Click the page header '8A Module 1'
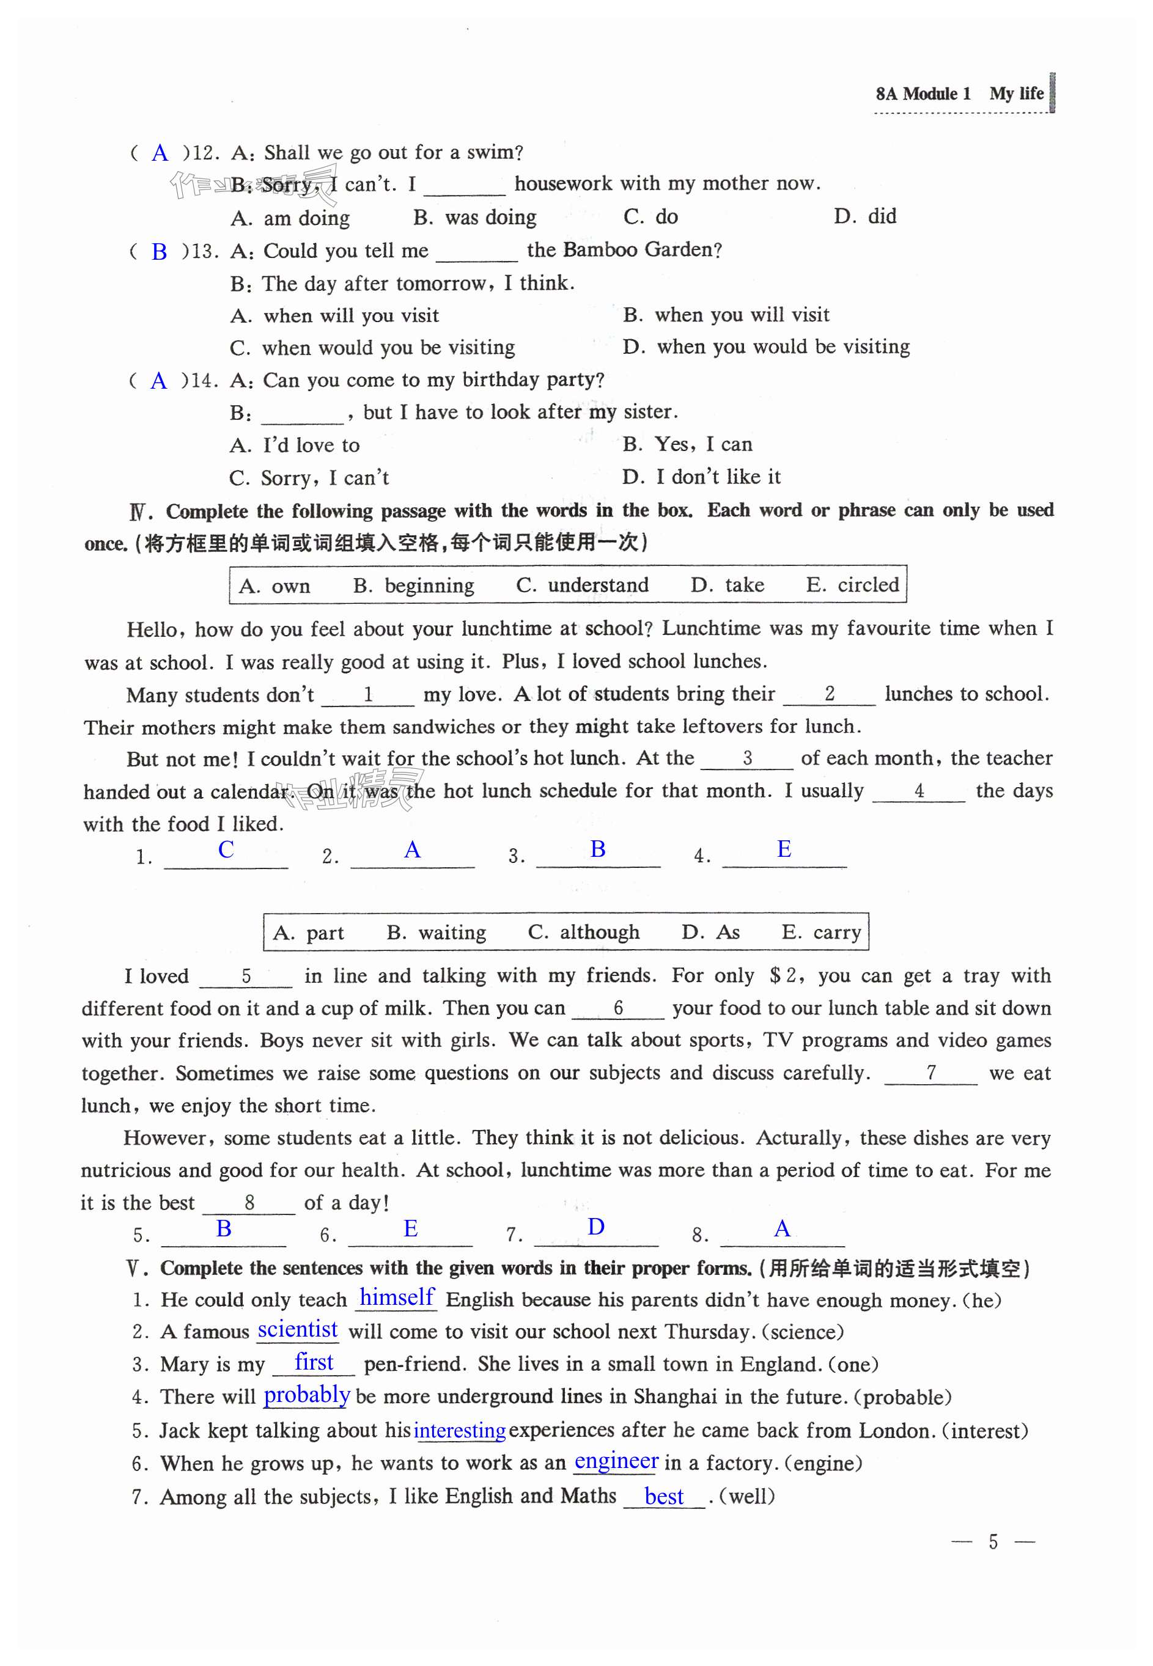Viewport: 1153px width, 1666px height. pos(923,94)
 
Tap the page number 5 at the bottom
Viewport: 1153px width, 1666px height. pos(993,1542)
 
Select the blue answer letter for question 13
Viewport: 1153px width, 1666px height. pos(159,252)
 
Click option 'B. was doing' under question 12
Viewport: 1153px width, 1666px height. pos(474,218)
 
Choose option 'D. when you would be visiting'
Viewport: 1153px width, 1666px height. pos(766,347)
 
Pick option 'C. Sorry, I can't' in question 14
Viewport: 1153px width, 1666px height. pos(309,478)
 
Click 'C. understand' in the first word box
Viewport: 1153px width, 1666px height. pos(582,585)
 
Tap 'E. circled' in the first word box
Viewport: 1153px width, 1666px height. pos(852,585)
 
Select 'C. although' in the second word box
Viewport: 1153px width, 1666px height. pos(584,932)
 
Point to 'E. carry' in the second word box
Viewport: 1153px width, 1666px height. pos(822,932)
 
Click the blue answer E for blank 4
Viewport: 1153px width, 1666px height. pos(784,850)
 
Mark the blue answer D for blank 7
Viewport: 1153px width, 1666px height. pos(596,1227)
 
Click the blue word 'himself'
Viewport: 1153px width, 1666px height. pos(397,1297)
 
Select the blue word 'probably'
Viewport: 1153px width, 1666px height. pos(307,1395)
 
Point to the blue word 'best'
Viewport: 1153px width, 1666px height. pos(664,1496)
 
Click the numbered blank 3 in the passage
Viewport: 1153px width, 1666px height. pos(747,758)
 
